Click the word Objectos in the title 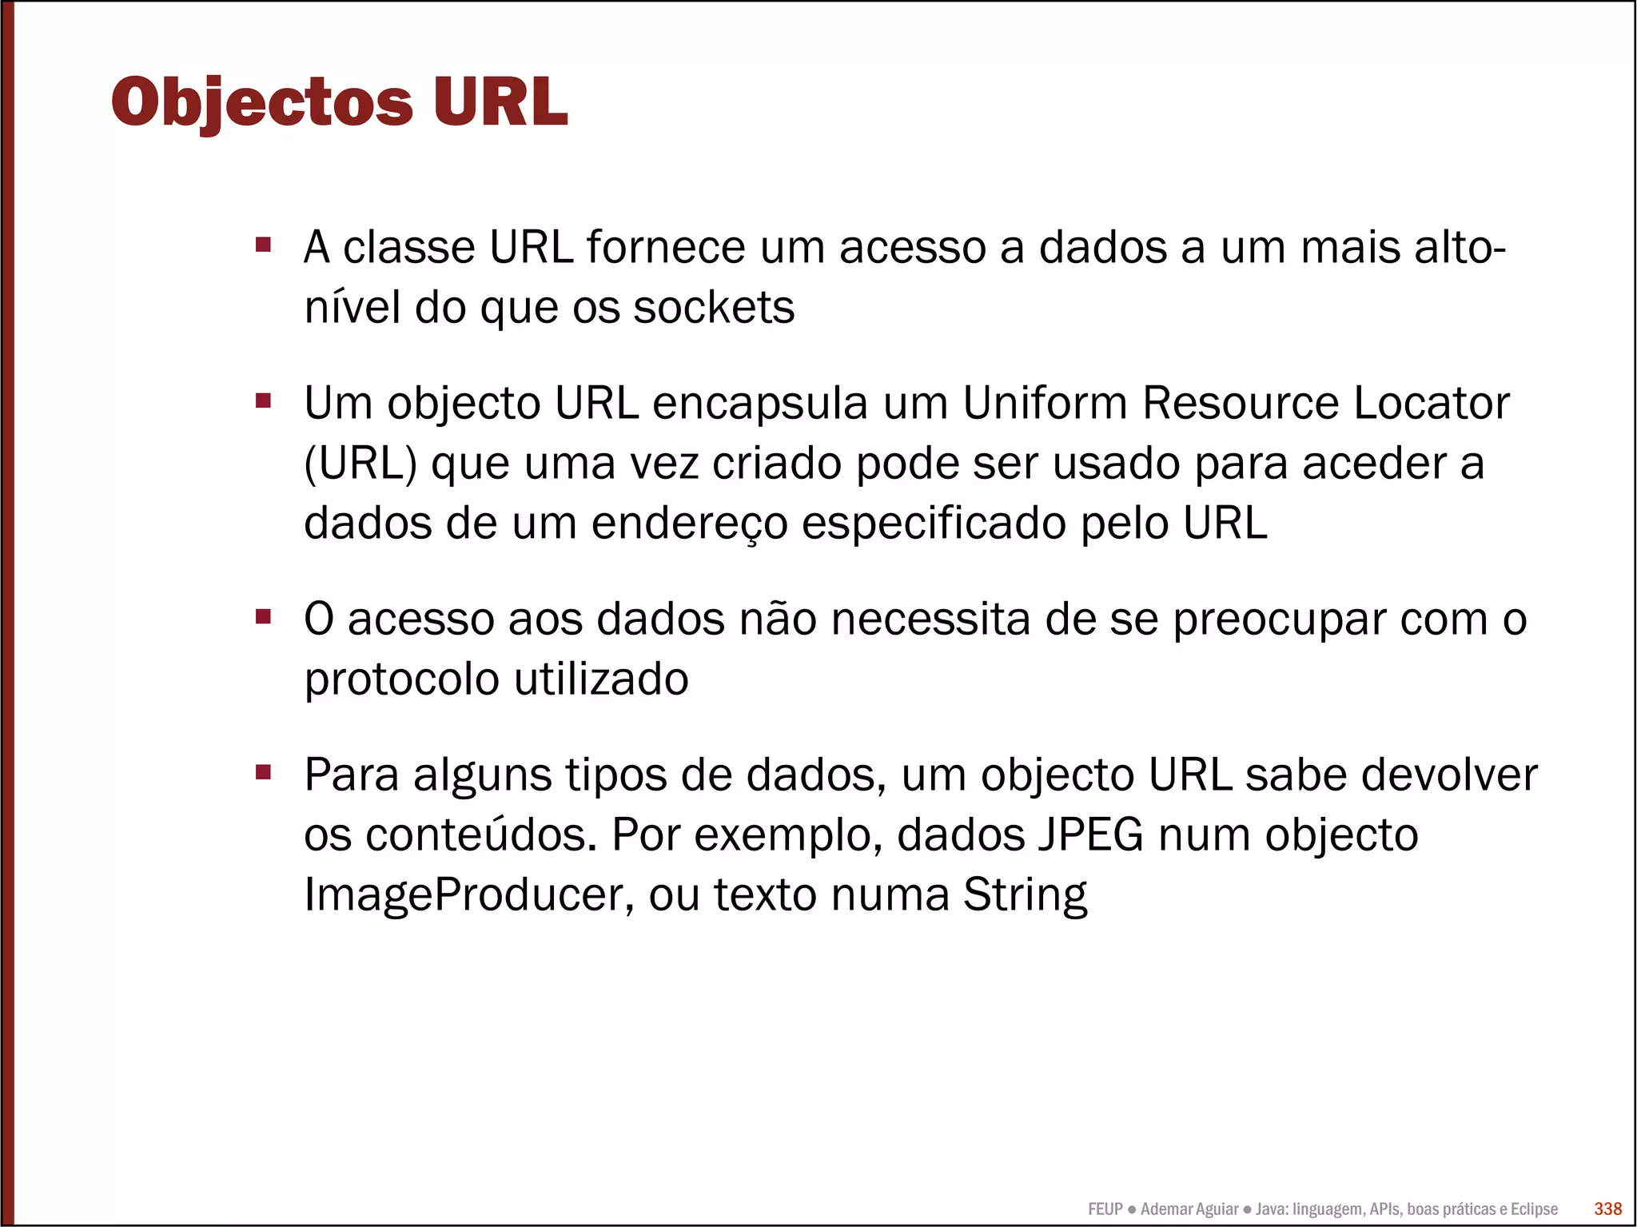[x=261, y=102]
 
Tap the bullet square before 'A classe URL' [x=263, y=244]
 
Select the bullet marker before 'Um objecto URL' [x=263, y=400]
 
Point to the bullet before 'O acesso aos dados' [x=263, y=616]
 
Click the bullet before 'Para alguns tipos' [x=263, y=772]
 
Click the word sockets [x=714, y=308]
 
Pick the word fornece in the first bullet [x=666, y=247]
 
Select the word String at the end [x=1025, y=895]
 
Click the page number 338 [x=1607, y=1209]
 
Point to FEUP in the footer [x=1105, y=1209]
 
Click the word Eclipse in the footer [x=1534, y=1209]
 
